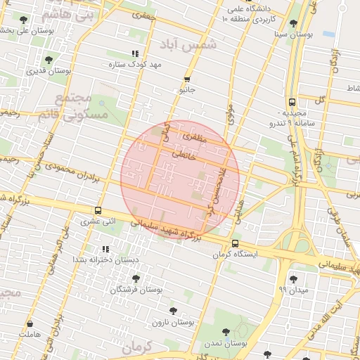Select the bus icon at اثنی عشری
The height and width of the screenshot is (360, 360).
pyautogui.click(x=98, y=210)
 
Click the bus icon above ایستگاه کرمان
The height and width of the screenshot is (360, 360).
pyautogui.click(x=235, y=243)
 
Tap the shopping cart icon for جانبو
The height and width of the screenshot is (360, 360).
pyautogui.click(x=187, y=79)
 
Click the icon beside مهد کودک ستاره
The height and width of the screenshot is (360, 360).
pyautogui.click(x=135, y=54)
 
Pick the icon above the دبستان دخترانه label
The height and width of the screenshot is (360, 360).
pyautogui.click(x=105, y=249)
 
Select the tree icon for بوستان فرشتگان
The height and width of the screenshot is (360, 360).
pyautogui.click(x=136, y=279)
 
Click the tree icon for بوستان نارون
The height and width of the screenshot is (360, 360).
pyautogui.click(x=173, y=310)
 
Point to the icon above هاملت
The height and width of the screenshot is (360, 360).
pyautogui.click(x=30, y=325)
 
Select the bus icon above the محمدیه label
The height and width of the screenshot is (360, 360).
pyautogui.click(x=291, y=101)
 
